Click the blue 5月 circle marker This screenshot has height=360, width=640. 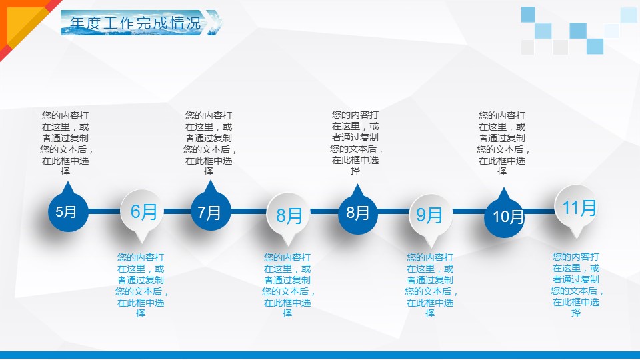point(68,211)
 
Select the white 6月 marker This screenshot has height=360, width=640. point(141,212)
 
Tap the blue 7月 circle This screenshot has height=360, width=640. point(211,211)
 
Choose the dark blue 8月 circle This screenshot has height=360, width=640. point(357,213)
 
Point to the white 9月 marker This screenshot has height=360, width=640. point(431,215)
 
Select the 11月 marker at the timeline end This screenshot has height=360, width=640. point(576,208)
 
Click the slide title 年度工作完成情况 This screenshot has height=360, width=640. point(135,23)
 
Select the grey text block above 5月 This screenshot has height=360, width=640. point(66,143)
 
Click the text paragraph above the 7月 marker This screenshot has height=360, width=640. point(209,143)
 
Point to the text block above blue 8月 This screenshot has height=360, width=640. point(356,143)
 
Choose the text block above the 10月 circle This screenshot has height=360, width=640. point(503,143)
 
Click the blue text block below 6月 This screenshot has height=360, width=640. point(141,285)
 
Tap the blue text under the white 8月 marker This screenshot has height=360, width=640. point(288,285)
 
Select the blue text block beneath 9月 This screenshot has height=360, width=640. point(431,285)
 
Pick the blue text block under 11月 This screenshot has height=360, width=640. point(576,285)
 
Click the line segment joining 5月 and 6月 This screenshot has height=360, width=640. point(105,211)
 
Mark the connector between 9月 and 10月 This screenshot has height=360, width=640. point(469,211)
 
